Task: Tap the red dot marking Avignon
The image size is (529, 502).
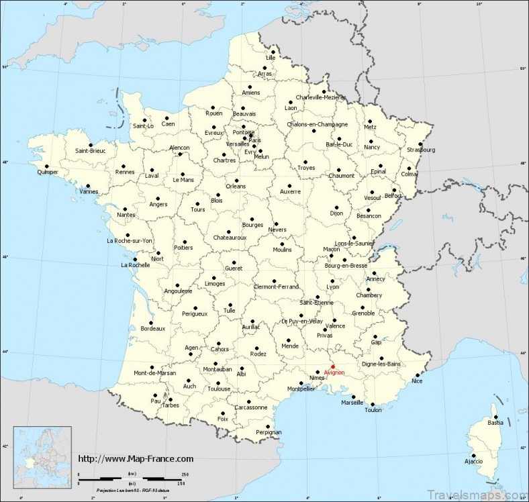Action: pos(333,366)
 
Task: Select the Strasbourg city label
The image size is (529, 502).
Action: pos(420,150)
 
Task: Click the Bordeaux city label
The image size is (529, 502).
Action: pos(152,328)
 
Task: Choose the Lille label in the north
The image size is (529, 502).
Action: pos(271,58)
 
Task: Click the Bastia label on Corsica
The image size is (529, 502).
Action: pos(495,423)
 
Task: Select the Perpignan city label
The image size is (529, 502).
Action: pos(269,432)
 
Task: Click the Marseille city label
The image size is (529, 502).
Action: pos(352,403)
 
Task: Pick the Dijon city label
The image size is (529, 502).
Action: pos(336,213)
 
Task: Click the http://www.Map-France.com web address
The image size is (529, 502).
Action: pos(136,458)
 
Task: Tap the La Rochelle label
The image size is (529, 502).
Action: pos(134,264)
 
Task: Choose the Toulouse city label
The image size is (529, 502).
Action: pos(219,389)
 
